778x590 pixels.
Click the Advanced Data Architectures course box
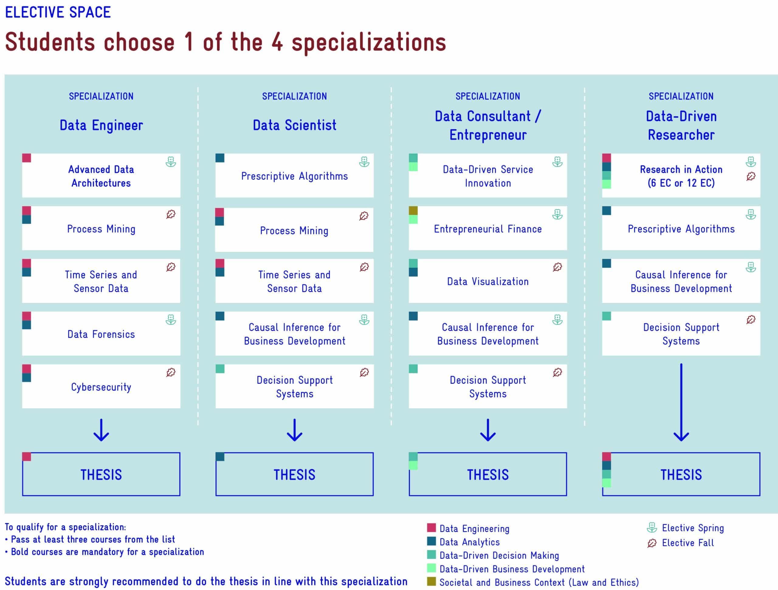click(x=101, y=176)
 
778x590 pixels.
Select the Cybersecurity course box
click(x=101, y=386)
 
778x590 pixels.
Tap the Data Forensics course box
click(x=101, y=334)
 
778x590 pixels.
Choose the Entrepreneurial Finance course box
click(x=488, y=228)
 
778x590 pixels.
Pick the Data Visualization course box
click(x=488, y=281)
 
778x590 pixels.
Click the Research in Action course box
click(x=681, y=176)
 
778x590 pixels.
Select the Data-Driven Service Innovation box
click(x=488, y=176)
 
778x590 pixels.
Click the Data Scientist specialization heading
click(x=294, y=125)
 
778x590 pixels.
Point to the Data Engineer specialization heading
click(x=101, y=125)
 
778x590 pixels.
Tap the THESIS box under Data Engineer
click(x=101, y=474)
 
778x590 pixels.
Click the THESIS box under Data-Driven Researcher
click(x=681, y=474)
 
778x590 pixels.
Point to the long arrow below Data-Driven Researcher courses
click(x=681, y=403)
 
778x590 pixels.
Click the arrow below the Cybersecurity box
click(x=101, y=430)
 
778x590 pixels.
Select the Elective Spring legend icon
click(x=652, y=528)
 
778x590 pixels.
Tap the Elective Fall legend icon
click(x=652, y=543)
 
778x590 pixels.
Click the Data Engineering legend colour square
click(x=431, y=528)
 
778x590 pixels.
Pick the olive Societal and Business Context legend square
click(x=431, y=581)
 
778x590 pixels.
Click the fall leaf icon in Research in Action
click(x=751, y=176)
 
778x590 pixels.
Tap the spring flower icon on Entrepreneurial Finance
click(x=557, y=214)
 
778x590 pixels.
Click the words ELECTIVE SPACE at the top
click(x=58, y=12)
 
